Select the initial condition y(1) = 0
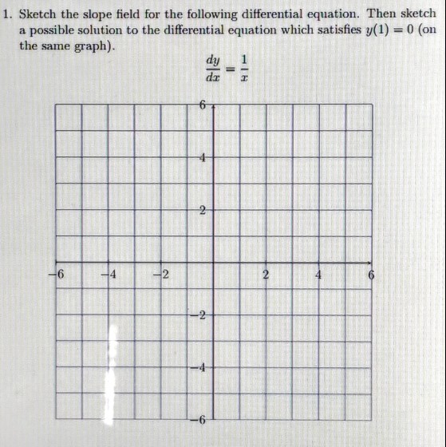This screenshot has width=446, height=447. (389, 30)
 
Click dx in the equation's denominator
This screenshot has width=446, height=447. (212, 77)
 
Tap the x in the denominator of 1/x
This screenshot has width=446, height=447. (246, 78)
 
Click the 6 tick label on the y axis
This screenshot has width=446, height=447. (203, 105)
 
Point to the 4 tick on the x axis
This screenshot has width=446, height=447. (319, 275)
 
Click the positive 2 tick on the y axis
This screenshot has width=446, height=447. (203, 211)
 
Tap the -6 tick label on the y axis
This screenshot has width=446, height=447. (200, 421)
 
